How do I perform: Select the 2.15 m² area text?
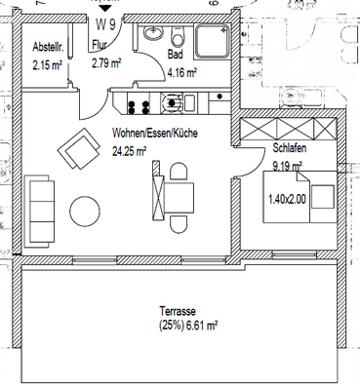coord(47,65)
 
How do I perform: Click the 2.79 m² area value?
coord(105,63)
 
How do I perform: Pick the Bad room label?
coord(176,57)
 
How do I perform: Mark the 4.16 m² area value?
coord(182,72)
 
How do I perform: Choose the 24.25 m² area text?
coord(130,151)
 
